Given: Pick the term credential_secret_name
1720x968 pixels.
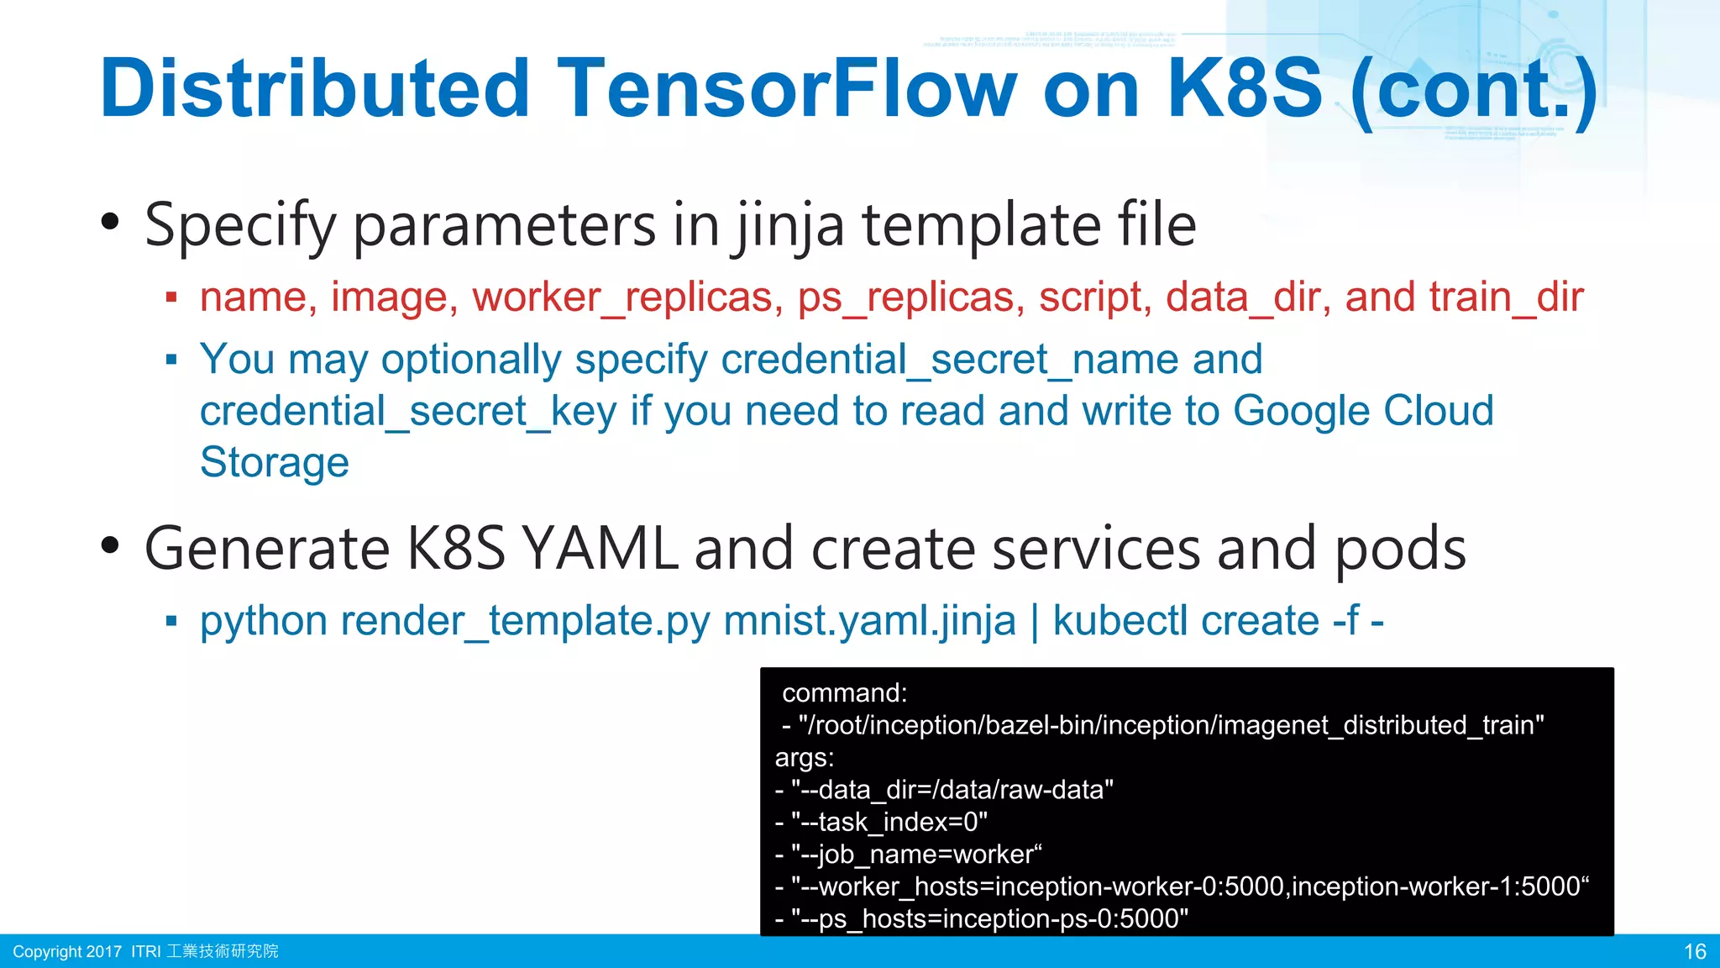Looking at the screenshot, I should [991, 360].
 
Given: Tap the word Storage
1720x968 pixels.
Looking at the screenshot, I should [274, 463].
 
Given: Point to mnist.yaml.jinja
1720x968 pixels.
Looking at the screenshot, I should [869, 622].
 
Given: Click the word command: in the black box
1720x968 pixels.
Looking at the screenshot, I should [844, 692].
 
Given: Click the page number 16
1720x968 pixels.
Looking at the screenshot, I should [1695, 951].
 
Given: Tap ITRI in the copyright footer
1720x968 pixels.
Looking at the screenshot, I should [145, 951].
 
